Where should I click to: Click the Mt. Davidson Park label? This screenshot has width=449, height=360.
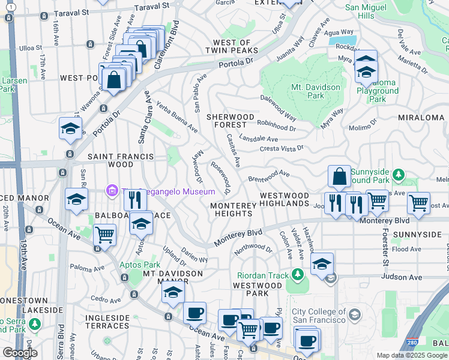coord(316,91)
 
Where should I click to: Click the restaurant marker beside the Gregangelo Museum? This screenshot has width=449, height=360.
coord(135,199)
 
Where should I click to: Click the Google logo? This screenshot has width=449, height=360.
coord(19,353)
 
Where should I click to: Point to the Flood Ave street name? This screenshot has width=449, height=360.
coord(406,249)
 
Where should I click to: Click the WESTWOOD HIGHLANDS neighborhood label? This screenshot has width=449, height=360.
coord(284,200)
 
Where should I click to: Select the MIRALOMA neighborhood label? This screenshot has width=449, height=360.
coord(423,118)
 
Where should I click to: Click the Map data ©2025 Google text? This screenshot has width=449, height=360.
coord(411,355)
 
